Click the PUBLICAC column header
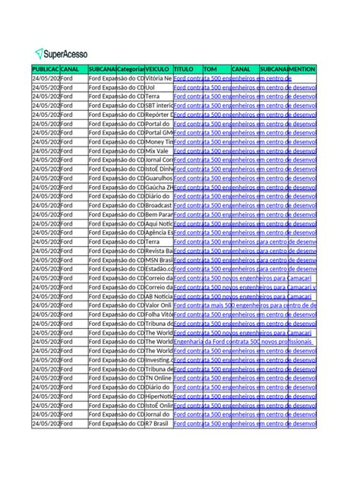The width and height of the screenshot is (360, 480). pos(45,69)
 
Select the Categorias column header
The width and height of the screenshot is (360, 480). pos(131,69)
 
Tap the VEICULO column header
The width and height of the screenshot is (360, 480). pos(159,69)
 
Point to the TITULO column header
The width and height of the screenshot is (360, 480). pos(188,69)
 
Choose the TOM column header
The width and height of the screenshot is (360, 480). pos(216,69)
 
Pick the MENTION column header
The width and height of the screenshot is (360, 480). pos(302,69)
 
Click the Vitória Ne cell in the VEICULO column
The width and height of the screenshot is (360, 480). pos(159,78)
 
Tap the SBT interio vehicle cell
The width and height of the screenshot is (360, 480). pos(159,106)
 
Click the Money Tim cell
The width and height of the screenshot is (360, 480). pos(159,141)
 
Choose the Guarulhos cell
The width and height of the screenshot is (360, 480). pos(159,178)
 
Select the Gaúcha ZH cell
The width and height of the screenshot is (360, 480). pos(159,187)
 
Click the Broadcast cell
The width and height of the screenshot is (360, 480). pos(159,205)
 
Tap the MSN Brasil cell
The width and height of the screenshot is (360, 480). pos(159,260)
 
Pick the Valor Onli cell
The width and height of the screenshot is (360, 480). pos(159,305)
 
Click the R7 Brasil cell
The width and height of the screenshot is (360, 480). pos(158,423)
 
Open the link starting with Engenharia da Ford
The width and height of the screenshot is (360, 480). pos(228,342)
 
